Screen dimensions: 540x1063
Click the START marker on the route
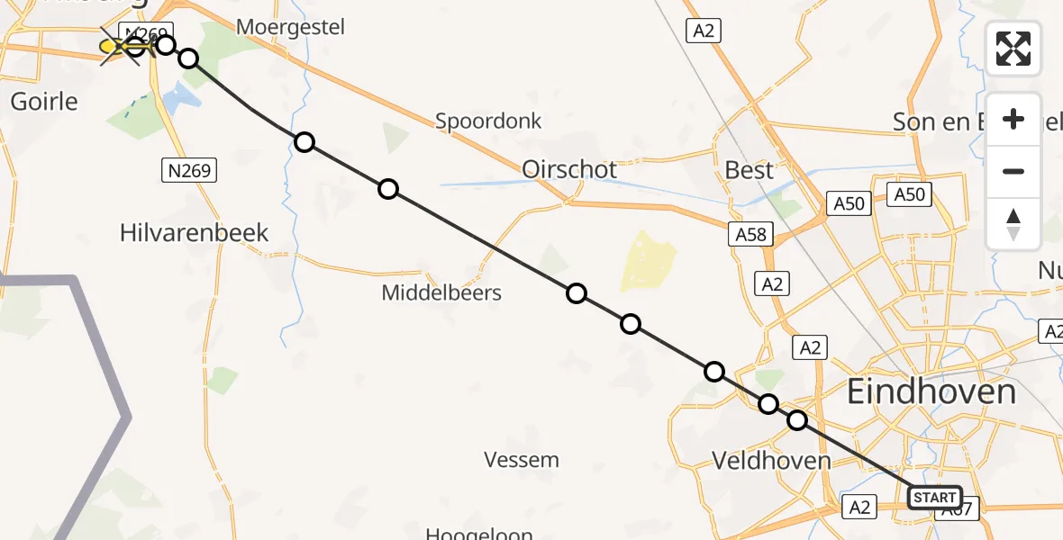(934, 498)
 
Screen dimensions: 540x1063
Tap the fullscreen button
(1013, 49)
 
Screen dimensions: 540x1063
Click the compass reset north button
(1013, 224)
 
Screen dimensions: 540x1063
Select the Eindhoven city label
(931, 392)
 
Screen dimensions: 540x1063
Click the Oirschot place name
(569, 169)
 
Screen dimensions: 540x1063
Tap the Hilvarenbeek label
(195, 233)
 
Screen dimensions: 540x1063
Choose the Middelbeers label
(441, 292)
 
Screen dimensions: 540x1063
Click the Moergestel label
(291, 27)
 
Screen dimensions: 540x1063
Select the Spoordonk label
(488, 121)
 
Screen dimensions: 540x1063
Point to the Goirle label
(44, 101)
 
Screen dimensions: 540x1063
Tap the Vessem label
(522, 460)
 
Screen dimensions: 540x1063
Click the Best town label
(749, 170)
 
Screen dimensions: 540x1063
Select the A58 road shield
(750, 235)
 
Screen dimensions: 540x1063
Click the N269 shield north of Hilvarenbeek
(188, 169)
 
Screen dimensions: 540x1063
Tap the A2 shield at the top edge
(704, 31)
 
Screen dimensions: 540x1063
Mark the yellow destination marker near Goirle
(110, 46)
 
